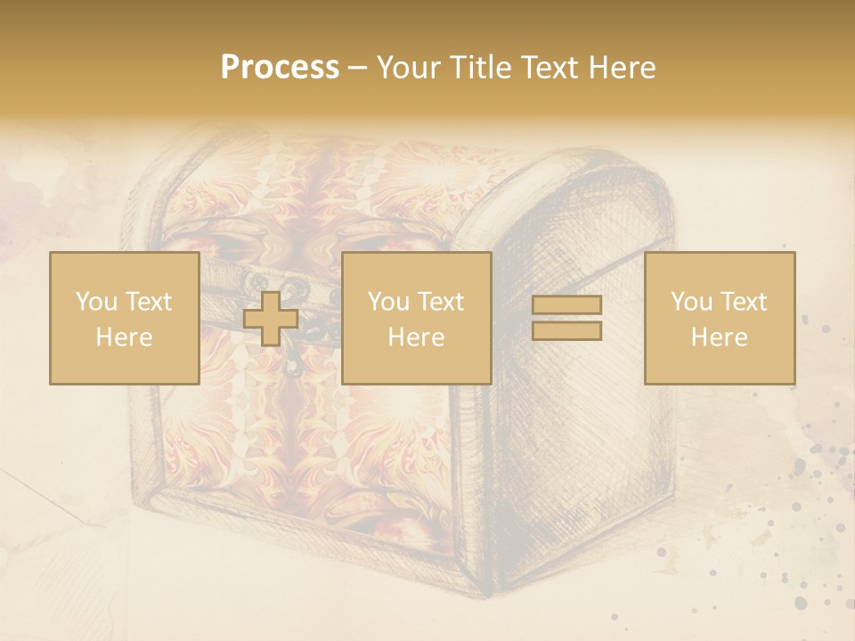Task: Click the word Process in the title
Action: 280,68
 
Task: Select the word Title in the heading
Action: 481,68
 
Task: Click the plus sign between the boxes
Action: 271,318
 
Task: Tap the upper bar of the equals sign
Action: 566,304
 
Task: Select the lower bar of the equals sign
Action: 566,331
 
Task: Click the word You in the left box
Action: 95,302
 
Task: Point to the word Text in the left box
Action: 148,302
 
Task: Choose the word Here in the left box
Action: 124,337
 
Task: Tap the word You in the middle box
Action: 387,302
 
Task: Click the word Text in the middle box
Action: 440,302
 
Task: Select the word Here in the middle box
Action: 416,337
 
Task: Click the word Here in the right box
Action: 719,337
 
